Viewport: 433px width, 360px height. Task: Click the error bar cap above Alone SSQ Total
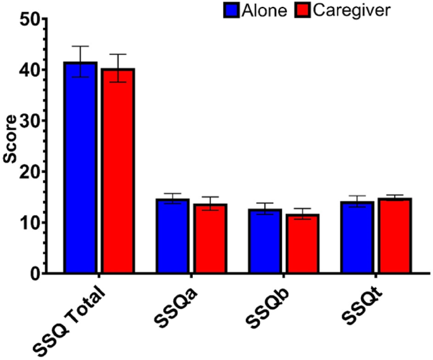coord(80,46)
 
